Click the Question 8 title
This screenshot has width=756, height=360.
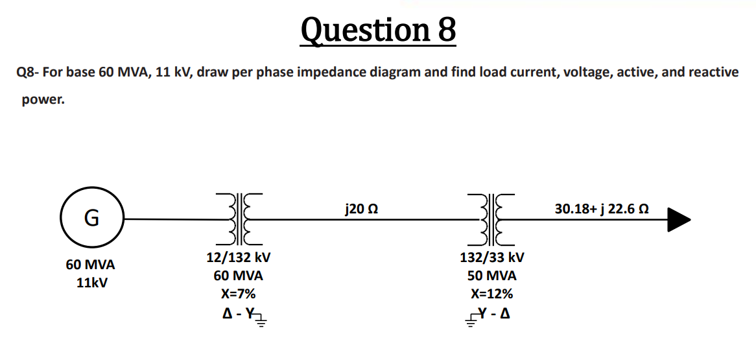coord(378,30)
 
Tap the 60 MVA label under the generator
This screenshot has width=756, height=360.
coord(90,265)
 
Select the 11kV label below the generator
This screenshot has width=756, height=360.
coord(90,283)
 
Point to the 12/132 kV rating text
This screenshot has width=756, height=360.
coord(238,257)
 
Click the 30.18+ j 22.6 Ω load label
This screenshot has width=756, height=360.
coord(602,210)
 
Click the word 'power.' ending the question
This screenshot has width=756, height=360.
coord(43,101)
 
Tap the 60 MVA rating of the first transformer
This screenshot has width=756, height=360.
coord(238,275)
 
